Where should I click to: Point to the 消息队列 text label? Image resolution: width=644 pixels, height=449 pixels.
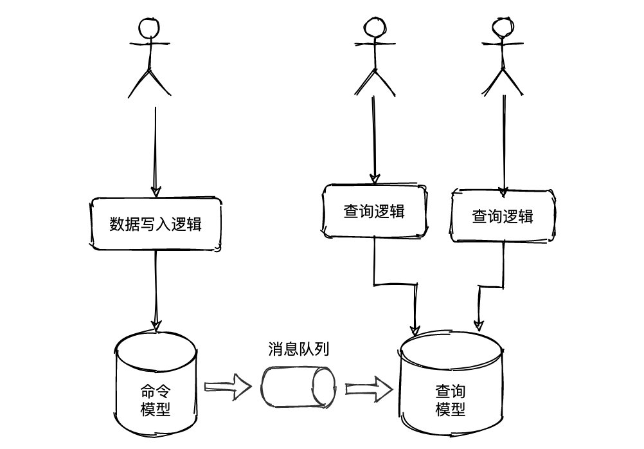point(299,349)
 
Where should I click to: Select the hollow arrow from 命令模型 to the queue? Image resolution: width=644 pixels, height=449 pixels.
point(228,387)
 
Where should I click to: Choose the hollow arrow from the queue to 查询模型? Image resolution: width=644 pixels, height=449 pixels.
point(368,389)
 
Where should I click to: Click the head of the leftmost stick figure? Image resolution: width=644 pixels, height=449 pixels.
point(148,28)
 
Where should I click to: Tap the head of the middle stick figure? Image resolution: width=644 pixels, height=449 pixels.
point(375,28)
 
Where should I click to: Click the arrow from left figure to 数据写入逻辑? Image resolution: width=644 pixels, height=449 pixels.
point(156,152)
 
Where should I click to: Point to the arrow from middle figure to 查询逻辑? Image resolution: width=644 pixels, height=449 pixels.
point(374,140)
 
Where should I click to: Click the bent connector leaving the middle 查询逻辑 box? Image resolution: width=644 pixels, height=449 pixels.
point(394,284)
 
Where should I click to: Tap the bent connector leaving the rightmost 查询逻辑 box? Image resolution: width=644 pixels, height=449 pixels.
point(491,287)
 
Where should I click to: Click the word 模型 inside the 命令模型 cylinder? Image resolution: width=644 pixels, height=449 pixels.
point(156,409)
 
